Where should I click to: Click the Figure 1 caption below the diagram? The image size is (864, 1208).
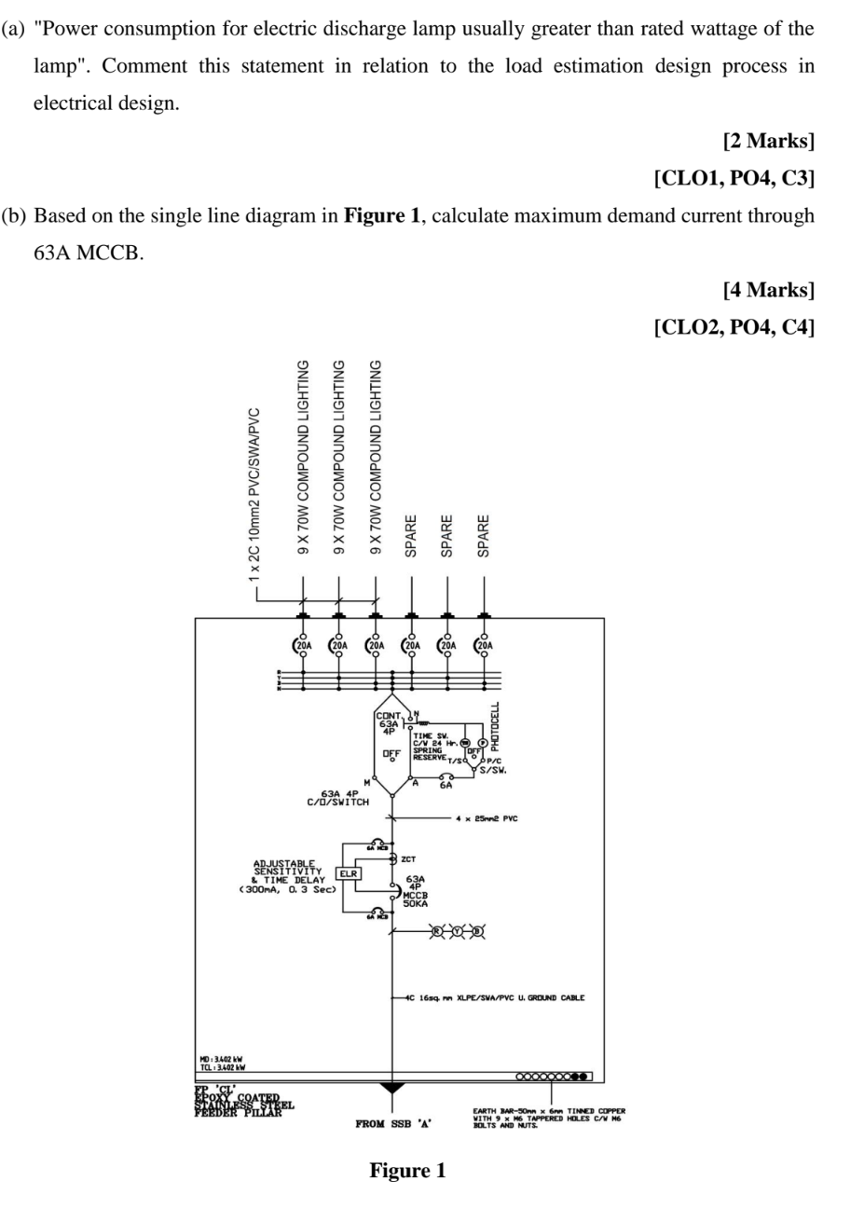point(407,1171)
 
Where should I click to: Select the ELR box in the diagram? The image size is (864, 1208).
point(349,873)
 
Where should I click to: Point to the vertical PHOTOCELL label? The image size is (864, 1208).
point(496,726)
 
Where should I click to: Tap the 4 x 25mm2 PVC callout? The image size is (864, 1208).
point(487,818)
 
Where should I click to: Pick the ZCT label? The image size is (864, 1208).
point(408,859)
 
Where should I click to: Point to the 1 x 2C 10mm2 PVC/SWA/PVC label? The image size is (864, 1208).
point(254,494)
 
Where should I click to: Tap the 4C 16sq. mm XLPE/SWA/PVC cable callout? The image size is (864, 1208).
point(495,997)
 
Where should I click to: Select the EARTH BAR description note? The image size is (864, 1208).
point(548,1118)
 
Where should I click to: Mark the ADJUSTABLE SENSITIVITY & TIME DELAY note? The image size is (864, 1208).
point(290,877)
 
